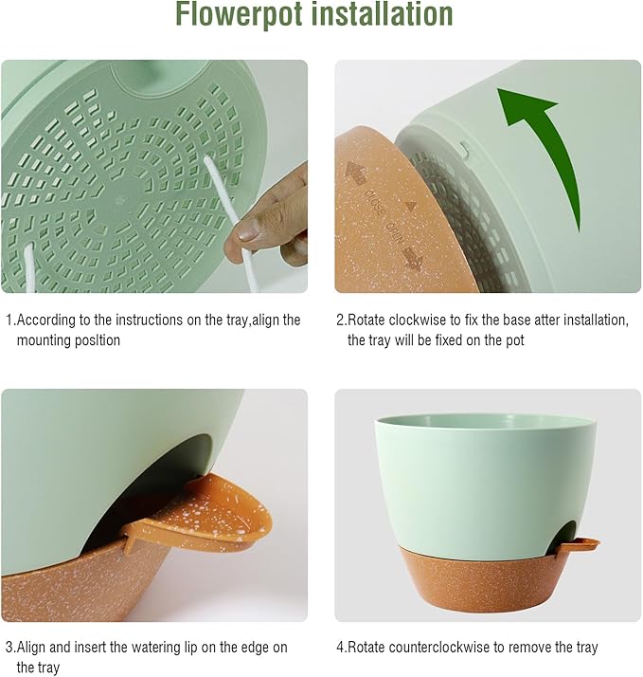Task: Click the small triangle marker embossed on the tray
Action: coord(410,205)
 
